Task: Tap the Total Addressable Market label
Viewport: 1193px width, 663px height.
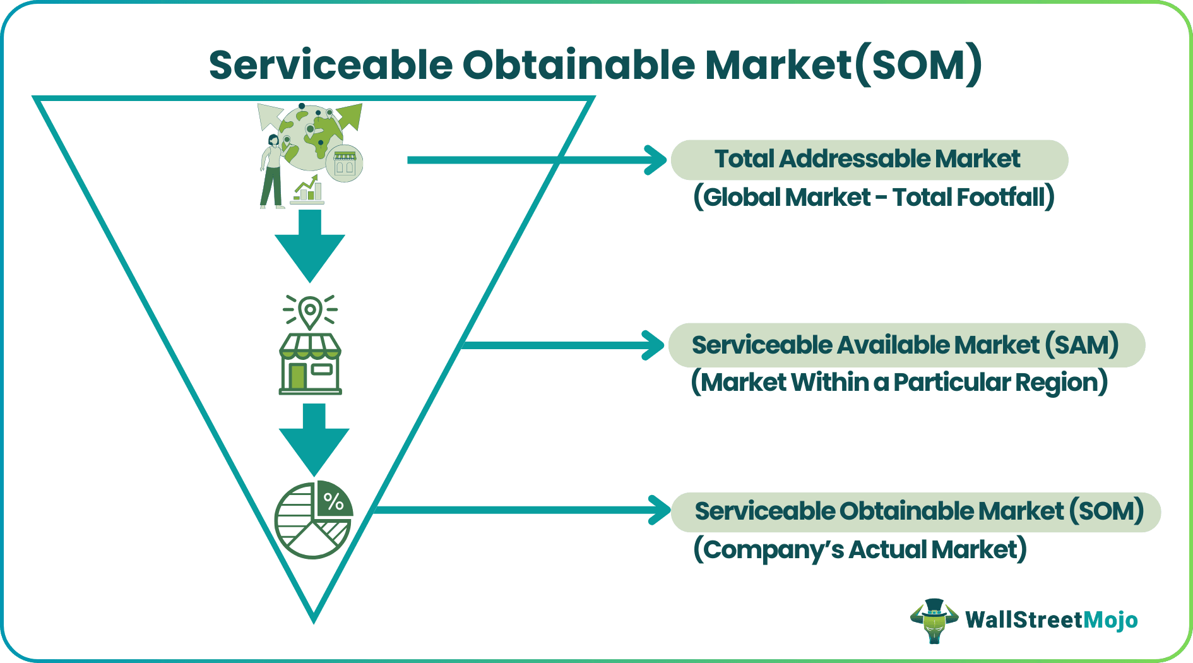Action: pyautogui.click(x=868, y=159)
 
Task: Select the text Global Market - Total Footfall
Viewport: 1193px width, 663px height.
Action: pyautogui.click(x=874, y=197)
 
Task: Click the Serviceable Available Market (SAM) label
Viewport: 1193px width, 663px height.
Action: pyautogui.click(x=905, y=345)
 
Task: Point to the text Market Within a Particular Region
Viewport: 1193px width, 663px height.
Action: pyautogui.click(x=899, y=383)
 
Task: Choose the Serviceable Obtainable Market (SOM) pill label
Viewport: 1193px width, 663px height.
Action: pyautogui.click(x=918, y=511)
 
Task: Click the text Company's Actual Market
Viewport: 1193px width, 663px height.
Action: pyautogui.click(x=860, y=549)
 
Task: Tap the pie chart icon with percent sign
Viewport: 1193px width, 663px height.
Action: pyautogui.click(x=314, y=520)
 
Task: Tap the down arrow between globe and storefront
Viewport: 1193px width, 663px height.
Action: pyautogui.click(x=310, y=246)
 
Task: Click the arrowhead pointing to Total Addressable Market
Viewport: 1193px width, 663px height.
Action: pyautogui.click(x=656, y=160)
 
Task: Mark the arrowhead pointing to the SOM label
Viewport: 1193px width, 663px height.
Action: pyautogui.click(x=660, y=510)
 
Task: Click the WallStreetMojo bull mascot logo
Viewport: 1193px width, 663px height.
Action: pyautogui.click(x=934, y=620)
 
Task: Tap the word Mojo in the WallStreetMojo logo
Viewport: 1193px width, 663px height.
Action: pyautogui.click(x=1110, y=620)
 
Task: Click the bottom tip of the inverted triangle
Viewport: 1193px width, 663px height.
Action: pyautogui.click(x=314, y=619)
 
